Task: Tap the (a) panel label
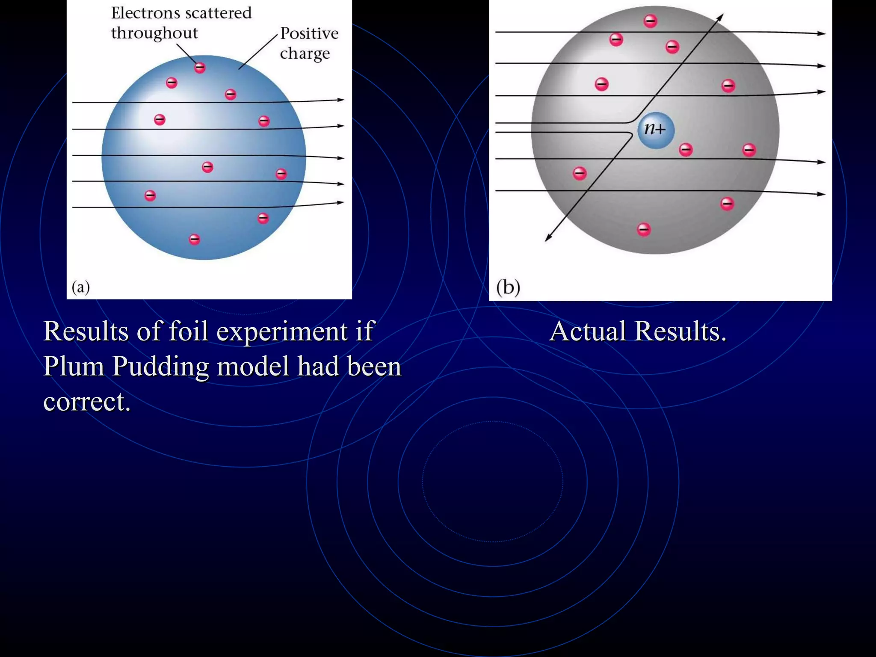click(x=81, y=287)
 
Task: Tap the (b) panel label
click(x=508, y=287)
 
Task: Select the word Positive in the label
click(x=309, y=33)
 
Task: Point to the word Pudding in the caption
click(x=160, y=367)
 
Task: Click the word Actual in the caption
click(x=587, y=331)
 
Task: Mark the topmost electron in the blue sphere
click(x=200, y=68)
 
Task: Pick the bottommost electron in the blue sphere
click(x=195, y=239)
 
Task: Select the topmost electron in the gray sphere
click(x=651, y=21)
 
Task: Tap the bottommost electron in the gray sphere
click(x=644, y=230)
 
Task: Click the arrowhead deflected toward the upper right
click(x=720, y=18)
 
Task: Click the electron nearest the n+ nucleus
click(x=686, y=150)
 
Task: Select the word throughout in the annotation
click(x=154, y=33)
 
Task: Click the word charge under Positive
click(x=305, y=54)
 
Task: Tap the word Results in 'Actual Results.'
click(x=681, y=331)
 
